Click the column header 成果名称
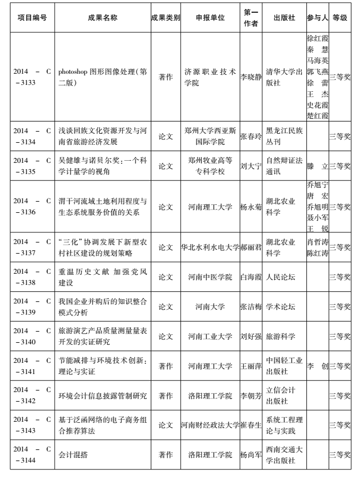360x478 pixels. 102,18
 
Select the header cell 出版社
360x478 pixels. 284,18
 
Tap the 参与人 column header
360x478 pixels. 318,18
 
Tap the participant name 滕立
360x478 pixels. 318,166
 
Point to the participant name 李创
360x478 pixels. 318,366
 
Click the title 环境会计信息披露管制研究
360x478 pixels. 102,396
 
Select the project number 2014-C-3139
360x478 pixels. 32,307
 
